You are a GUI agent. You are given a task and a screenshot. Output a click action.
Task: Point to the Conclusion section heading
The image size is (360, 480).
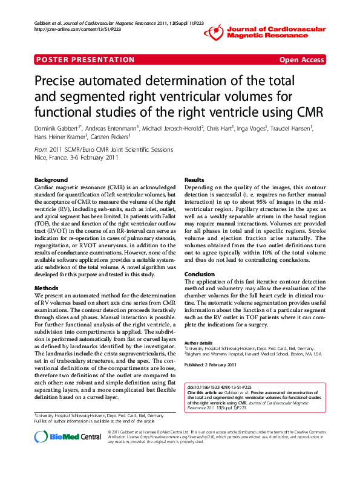[200, 274]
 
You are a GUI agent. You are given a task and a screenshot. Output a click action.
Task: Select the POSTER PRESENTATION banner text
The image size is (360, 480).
[85, 60]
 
